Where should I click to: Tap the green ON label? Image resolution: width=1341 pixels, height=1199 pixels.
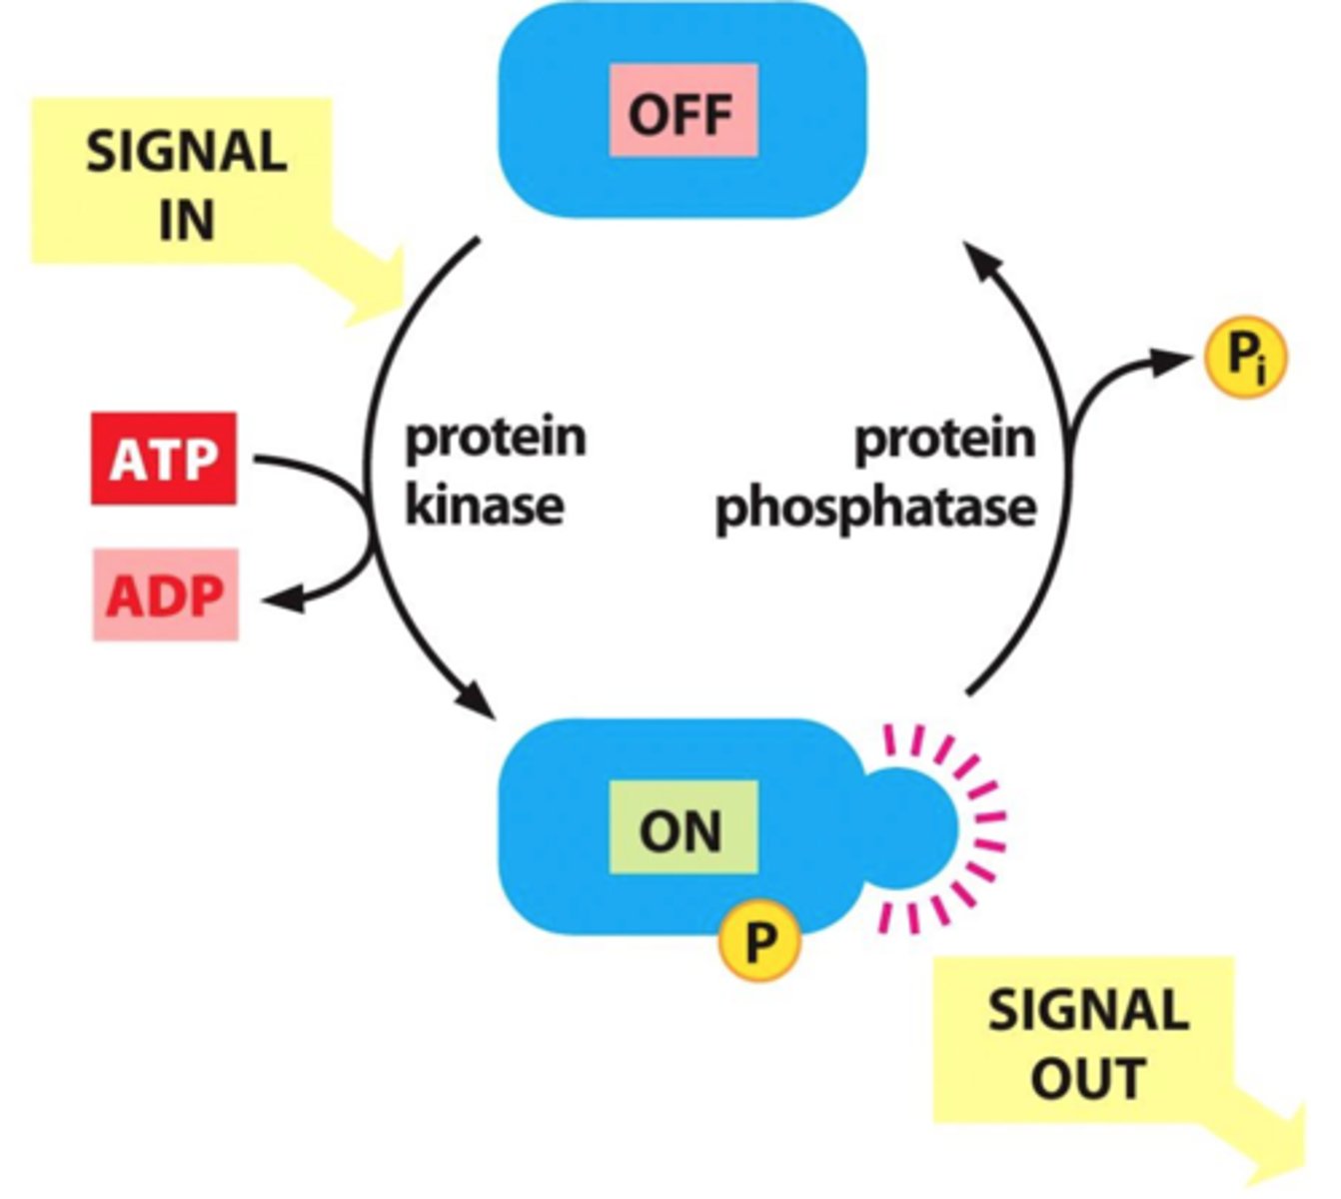[x=683, y=828]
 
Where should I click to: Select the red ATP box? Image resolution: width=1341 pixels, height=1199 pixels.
[x=164, y=459]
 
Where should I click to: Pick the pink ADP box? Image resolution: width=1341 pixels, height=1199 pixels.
[x=165, y=596]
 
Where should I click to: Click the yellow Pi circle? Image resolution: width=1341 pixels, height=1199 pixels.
[x=1244, y=357]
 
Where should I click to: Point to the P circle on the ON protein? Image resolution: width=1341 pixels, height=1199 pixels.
[x=759, y=939]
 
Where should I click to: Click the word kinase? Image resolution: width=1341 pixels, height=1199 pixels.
[x=485, y=506]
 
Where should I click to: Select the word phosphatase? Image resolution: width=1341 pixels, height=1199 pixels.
[x=875, y=508]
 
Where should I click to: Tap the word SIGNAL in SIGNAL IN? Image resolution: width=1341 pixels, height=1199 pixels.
[x=187, y=152]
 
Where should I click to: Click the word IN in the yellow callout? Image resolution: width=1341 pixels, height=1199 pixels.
[x=187, y=220]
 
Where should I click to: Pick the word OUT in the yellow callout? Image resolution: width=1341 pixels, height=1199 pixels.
[x=1087, y=1079]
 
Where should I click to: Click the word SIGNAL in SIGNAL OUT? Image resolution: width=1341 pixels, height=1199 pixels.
[x=1088, y=1010]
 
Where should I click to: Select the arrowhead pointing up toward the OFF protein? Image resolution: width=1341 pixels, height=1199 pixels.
[x=982, y=262]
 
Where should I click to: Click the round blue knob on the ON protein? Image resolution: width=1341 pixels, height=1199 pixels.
[x=911, y=825]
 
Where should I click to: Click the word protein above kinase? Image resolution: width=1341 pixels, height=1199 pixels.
[x=495, y=438]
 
